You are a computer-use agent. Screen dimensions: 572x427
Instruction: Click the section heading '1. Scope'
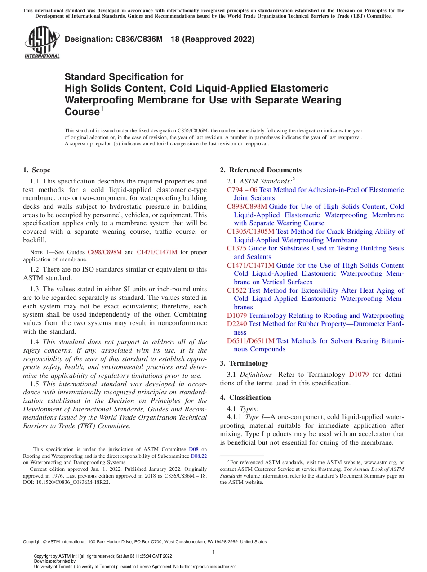36,170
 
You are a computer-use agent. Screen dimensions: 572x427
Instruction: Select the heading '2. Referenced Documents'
261,170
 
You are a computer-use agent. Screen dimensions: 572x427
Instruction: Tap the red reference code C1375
236,248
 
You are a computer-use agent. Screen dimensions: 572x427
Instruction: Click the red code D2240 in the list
237,324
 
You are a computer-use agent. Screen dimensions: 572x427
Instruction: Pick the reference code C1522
236,290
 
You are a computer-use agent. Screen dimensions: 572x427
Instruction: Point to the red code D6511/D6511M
251,341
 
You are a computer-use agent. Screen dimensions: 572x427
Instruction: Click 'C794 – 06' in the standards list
242,190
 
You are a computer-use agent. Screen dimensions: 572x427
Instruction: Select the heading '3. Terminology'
244,363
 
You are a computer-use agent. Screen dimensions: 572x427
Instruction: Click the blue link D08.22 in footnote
199,456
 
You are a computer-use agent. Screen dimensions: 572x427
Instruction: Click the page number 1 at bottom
213,552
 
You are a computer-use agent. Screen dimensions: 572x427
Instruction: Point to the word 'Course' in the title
81,112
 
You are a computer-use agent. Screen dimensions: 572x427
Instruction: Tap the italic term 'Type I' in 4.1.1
254,417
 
